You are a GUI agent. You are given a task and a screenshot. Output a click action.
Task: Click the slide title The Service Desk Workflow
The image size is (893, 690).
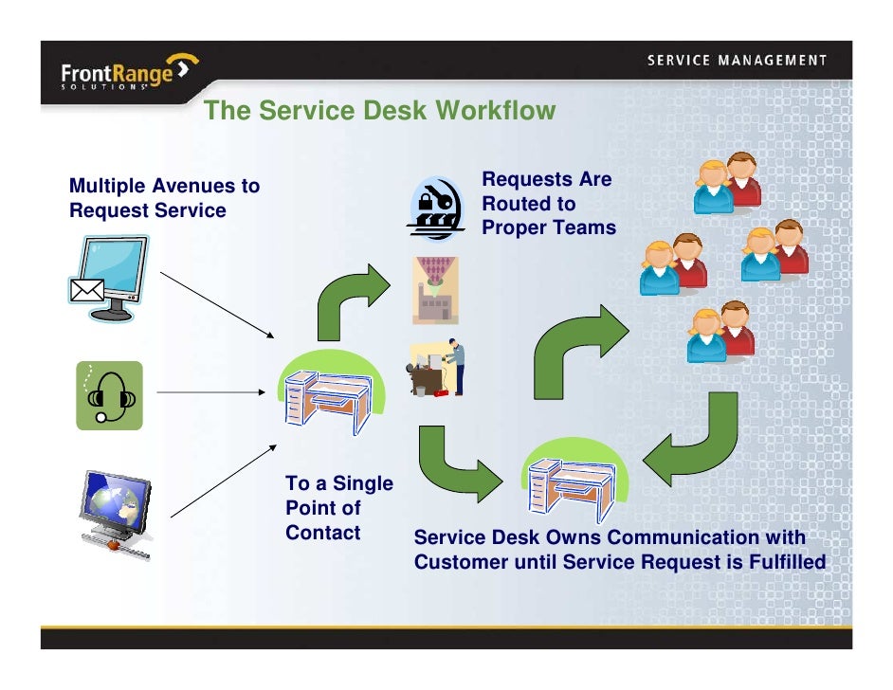[379, 111]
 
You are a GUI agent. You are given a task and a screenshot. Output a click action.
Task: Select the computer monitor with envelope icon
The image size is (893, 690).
[109, 277]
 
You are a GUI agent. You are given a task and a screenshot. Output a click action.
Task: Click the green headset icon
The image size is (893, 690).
[109, 395]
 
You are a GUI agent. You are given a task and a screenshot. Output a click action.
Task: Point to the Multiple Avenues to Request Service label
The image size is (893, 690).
[164, 198]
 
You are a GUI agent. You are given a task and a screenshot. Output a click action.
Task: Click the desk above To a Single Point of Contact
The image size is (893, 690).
[326, 399]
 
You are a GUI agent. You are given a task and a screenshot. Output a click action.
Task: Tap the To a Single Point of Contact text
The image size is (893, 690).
[337, 508]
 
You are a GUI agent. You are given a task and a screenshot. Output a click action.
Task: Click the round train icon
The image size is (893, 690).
[436, 208]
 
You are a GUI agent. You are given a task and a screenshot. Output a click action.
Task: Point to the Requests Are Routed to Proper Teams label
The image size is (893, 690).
[548, 204]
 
